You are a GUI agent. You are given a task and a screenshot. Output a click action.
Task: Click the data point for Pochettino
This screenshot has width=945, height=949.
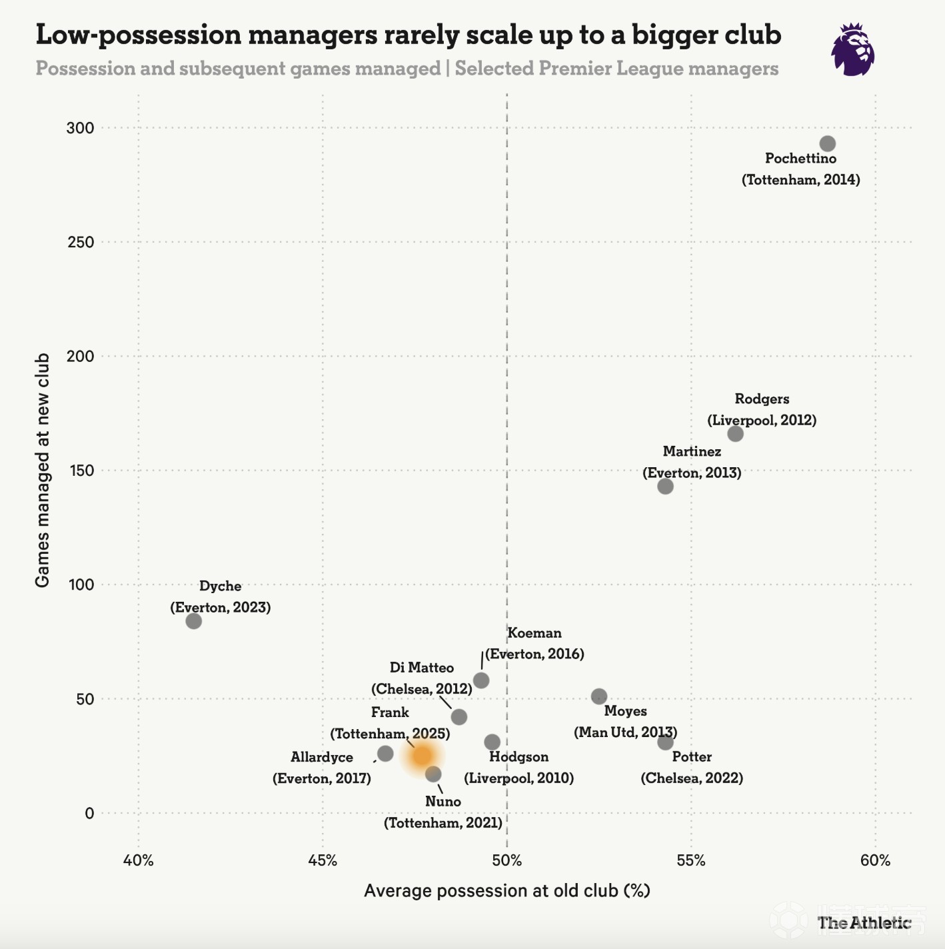827,144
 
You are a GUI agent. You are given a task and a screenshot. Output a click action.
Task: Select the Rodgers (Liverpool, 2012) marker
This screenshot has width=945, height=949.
735,434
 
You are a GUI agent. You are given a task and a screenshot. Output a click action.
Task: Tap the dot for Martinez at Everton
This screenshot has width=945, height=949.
665,486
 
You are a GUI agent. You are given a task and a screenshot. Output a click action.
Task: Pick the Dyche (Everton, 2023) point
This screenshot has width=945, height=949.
194,621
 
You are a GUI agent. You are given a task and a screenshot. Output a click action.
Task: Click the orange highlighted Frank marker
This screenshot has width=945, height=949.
422,756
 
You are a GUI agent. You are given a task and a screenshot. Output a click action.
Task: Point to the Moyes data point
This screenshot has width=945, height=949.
599,696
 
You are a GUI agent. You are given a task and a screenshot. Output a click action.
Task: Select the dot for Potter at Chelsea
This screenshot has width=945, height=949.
665,742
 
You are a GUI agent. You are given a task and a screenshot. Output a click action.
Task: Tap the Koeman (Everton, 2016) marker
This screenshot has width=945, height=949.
481,680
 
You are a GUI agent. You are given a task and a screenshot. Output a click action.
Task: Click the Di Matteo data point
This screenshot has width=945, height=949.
459,717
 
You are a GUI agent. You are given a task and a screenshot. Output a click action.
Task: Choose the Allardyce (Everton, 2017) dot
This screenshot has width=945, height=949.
385,754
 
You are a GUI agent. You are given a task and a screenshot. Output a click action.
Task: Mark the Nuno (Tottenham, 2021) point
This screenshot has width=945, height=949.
433,774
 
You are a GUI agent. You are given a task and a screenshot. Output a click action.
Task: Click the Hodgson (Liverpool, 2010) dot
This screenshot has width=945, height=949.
492,742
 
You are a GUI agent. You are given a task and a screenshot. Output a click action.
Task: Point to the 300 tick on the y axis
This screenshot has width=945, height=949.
80,128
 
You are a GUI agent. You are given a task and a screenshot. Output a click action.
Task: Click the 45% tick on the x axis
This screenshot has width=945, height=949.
323,860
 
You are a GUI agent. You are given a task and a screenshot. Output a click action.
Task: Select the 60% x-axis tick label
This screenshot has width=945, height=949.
875,860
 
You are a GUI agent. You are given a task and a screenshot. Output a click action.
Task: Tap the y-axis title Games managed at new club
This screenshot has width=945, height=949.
43,470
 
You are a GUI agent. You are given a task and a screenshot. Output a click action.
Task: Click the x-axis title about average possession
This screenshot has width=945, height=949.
506,891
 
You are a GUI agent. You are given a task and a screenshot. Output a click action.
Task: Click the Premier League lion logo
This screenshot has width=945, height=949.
852,50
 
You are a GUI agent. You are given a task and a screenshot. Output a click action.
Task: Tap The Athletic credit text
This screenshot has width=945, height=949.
864,923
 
